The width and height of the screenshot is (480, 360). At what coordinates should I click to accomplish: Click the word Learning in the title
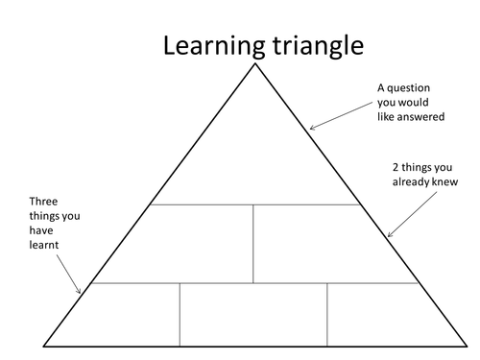tap(204, 45)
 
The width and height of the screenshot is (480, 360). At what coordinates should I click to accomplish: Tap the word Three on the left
tap(44, 203)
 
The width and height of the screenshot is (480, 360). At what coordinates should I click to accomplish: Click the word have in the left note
tap(43, 230)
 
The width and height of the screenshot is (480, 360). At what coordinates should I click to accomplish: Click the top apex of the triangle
tap(254, 64)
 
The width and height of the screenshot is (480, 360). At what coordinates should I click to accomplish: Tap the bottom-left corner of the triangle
tap(45, 345)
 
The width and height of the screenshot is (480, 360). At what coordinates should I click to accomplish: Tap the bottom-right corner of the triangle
tap(463, 345)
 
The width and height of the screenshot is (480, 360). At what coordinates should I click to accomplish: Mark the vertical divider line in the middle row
tap(253, 243)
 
